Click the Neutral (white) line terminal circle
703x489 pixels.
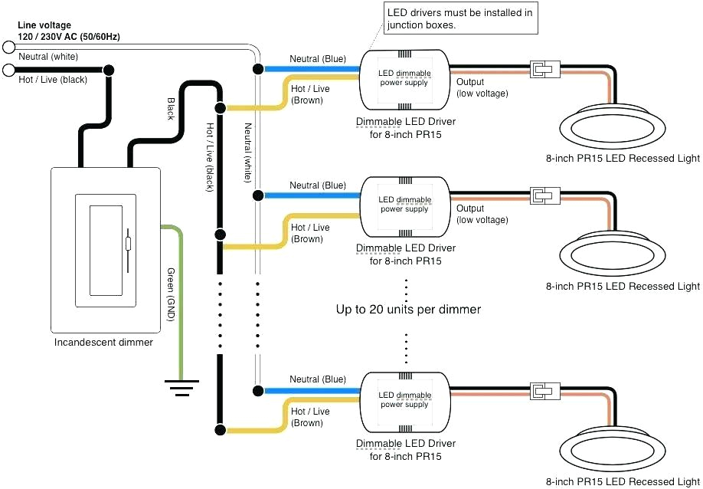pyautogui.click(x=9, y=48)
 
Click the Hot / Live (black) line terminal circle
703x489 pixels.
pyautogui.click(x=9, y=71)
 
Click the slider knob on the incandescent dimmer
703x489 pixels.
pyautogui.click(x=128, y=244)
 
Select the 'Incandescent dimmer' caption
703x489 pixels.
pyautogui.click(x=103, y=343)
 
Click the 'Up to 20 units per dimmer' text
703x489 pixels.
pyautogui.click(x=408, y=310)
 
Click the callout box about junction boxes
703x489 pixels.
pyautogui.click(x=460, y=18)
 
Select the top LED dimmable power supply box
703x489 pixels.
pyautogui.click(x=405, y=78)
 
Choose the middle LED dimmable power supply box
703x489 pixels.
pyautogui.click(x=405, y=205)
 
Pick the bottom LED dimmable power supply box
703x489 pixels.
pyautogui.click(x=405, y=399)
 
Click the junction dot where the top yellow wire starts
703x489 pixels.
pyautogui.click(x=220, y=107)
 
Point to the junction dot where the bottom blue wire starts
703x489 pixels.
pyautogui.click(x=257, y=390)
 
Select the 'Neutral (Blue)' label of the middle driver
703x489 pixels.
pyautogui.click(x=317, y=185)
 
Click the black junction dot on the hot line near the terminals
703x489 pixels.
pyautogui.click(x=109, y=71)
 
